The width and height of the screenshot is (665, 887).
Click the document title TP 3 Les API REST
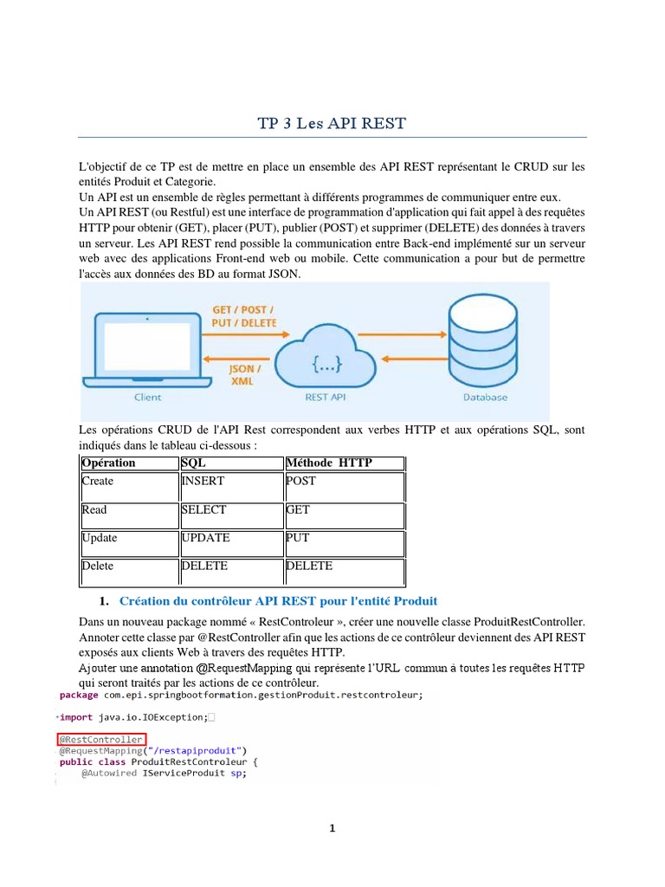[332, 123]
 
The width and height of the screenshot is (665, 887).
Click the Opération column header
[108, 463]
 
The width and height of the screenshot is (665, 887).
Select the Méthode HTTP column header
[328, 463]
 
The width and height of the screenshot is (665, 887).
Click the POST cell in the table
[300, 482]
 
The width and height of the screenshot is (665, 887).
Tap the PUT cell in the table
[297, 538]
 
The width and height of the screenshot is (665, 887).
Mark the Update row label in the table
[100, 538]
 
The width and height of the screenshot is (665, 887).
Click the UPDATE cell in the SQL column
[205, 538]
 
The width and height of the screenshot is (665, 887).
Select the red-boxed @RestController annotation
[100, 740]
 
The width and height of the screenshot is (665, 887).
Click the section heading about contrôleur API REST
[278, 601]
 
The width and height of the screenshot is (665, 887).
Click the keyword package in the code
[79, 695]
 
